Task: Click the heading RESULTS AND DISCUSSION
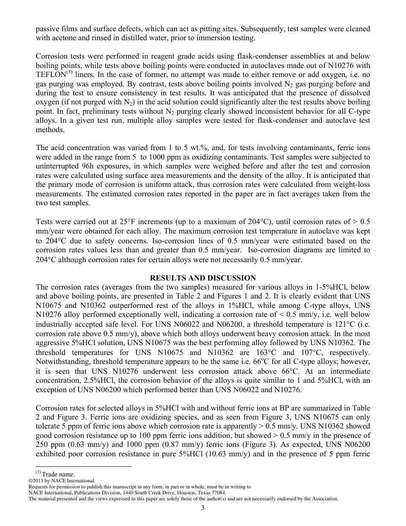pos(203,278)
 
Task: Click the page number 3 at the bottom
pos(203,508)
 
